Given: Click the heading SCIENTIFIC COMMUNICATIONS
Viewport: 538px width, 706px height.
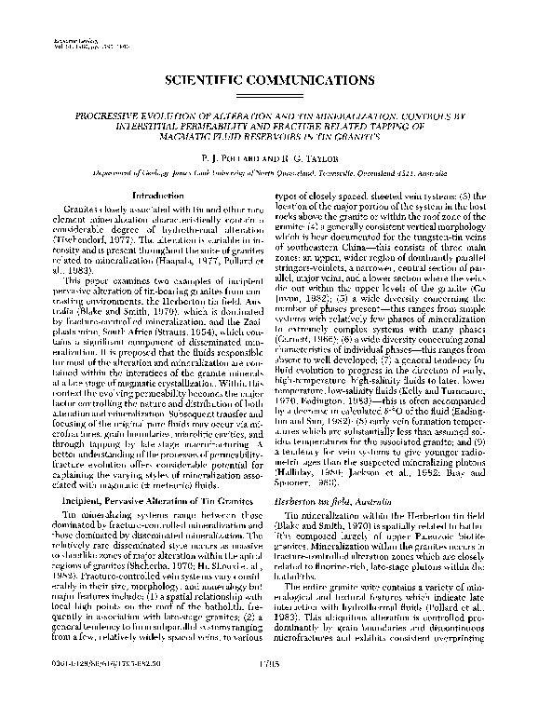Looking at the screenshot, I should (x=268, y=81).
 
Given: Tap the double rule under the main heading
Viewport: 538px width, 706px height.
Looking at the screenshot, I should (x=268, y=99).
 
